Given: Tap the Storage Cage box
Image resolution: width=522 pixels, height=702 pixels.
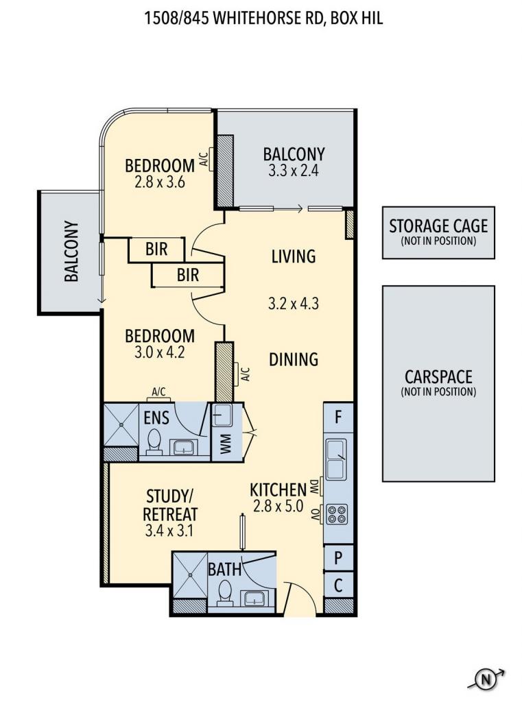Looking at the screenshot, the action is tap(438, 232).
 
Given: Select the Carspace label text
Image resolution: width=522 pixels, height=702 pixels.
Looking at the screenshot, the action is tap(438, 376).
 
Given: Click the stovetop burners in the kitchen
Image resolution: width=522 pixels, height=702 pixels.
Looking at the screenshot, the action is tap(337, 514).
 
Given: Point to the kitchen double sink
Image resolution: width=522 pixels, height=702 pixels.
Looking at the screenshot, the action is tap(336, 459).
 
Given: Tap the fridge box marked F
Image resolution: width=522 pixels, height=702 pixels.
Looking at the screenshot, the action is tap(338, 417).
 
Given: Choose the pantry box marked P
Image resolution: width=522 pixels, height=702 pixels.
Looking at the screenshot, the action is tap(338, 558).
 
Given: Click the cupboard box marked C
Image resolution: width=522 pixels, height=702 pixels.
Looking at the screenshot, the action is tap(338, 585).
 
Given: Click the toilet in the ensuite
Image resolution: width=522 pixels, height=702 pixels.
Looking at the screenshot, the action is tap(154, 443).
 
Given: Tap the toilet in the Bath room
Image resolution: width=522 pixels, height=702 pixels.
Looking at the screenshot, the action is tap(224, 593).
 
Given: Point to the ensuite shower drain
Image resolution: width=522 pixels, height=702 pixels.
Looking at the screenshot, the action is tap(121, 425).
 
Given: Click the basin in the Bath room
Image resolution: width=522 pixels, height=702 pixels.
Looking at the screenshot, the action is tap(256, 598).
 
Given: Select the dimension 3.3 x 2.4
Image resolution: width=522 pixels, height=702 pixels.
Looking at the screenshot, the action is tap(294, 171).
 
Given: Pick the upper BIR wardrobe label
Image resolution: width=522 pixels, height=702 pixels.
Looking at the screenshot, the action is tap(156, 249).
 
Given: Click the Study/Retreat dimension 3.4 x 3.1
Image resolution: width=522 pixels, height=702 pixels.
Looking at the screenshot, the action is tap(169, 531).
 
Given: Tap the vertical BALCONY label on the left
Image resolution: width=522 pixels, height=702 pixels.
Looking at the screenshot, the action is tap(71, 251).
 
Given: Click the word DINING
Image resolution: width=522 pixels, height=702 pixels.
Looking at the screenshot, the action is tap(294, 359).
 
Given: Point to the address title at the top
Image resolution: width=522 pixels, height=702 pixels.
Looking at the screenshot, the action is tap(263, 19).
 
